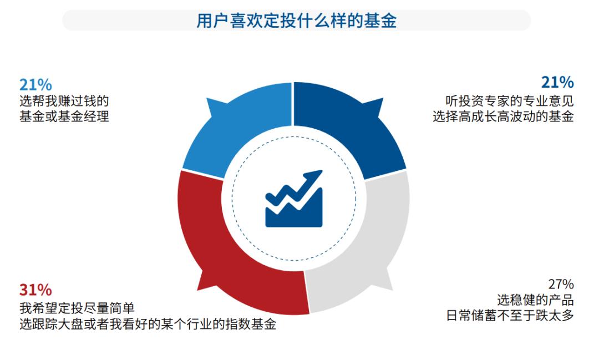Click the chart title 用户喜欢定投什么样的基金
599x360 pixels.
(x=296, y=21)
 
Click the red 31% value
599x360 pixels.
(x=35, y=290)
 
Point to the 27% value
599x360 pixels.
(x=561, y=285)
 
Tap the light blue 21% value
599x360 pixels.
(x=35, y=85)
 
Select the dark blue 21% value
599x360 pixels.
(x=557, y=83)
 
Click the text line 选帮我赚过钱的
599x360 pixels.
(x=63, y=101)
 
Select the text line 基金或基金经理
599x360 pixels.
(x=64, y=117)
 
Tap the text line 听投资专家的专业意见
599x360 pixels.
(x=509, y=101)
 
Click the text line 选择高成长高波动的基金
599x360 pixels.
(x=503, y=117)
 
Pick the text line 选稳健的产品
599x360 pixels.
(x=535, y=301)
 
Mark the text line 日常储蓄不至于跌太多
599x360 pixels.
(x=510, y=317)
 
